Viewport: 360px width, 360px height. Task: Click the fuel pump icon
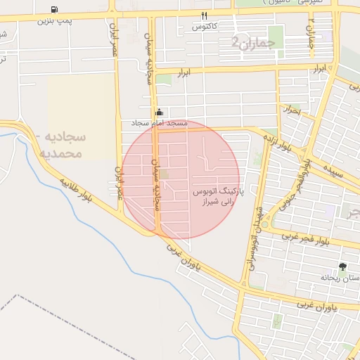pos(55,9)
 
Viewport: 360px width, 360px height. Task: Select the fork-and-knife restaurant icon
pos(204,15)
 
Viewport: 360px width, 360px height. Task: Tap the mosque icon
pos(159,112)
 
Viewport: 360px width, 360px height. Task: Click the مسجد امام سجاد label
pos(159,123)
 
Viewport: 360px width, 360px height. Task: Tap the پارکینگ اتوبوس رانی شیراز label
pos(217,196)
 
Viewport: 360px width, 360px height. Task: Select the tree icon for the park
pos(342,266)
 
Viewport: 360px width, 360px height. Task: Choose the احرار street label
pos(290,110)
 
